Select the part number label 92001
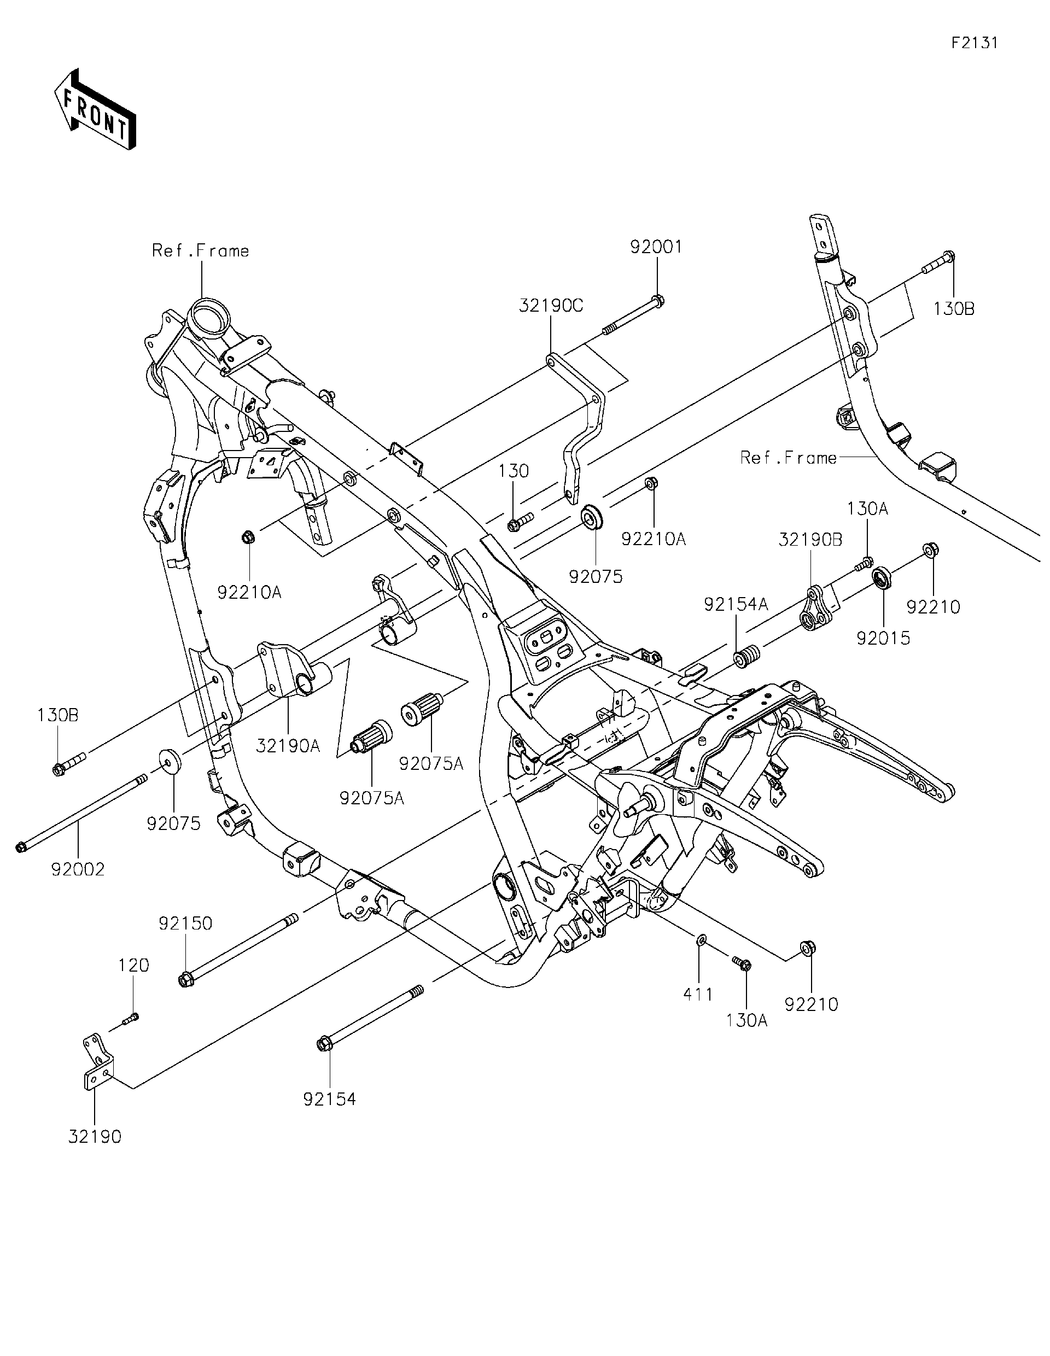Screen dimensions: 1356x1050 coord(656,247)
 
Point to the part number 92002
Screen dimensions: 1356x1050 coord(78,869)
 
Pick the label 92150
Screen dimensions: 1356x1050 coord(185,940)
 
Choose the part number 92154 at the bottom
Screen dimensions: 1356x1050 coord(329,1099)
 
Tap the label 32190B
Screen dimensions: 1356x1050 coord(810,540)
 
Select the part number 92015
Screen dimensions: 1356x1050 coord(883,638)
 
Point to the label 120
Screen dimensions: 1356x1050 coord(134,966)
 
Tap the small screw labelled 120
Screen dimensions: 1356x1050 coord(131,1018)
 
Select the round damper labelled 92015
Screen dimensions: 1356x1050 coord(882,578)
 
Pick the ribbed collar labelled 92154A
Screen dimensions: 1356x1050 coord(747,656)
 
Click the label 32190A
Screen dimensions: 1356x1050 coord(288,746)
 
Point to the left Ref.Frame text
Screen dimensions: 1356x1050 coord(201,251)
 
